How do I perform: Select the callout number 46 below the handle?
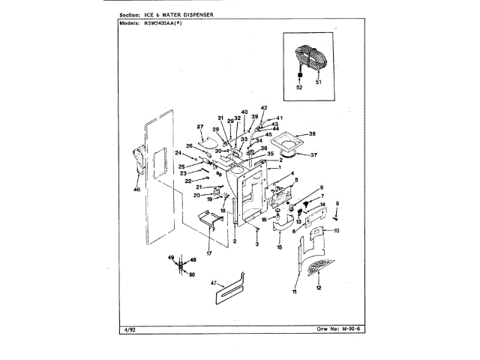pos(136,190)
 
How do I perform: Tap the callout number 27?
pos(200,126)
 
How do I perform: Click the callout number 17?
pos(209,253)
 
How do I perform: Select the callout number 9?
pos(337,203)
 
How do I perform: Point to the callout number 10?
pos(336,230)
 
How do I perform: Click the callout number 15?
pos(280,247)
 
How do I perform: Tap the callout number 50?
pos(192,274)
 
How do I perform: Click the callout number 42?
pos(264,108)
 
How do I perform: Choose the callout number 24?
pos(179,153)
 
